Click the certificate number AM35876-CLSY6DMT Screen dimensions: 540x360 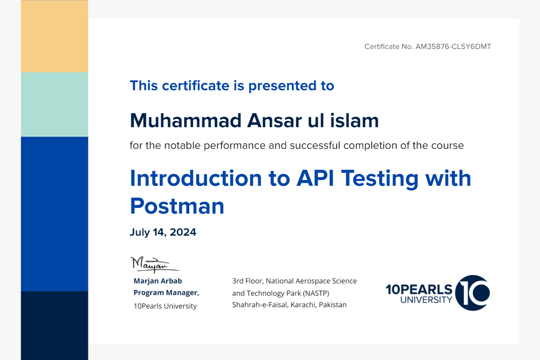pyautogui.click(x=453, y=47)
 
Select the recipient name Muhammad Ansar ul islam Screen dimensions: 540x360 pyautogui.click(x=254, y=120)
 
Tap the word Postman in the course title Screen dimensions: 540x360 pyautogui.click(x=177, y=206)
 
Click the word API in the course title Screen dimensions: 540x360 pyautogui.click(x=315, y=178)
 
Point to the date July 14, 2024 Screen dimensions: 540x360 pyautogui.click(x=163, y=232)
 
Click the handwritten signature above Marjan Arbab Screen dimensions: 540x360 pyautogui.click(x=155, y=264)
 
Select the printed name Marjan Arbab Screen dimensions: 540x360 pyautogui.click(x=158, y=281)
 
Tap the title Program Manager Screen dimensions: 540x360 pyautogui.click(x=166, y=293)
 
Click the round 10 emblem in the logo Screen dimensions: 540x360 pyautogui.click(x=472, y=293)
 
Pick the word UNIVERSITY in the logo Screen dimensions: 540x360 pyautogui.click(x=426, y=300)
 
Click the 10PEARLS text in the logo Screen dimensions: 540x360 pyautogui.click(x=419, y=289)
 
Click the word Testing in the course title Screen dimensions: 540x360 pyautogui.click(x=380, y=179)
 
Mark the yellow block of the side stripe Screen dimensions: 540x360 pyautogui.click(x=54, y=36)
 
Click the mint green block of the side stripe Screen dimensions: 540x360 pyautogui.click(x=54, y=104)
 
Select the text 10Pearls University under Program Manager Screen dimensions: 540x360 pyautogui.click(x=165, y=306)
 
